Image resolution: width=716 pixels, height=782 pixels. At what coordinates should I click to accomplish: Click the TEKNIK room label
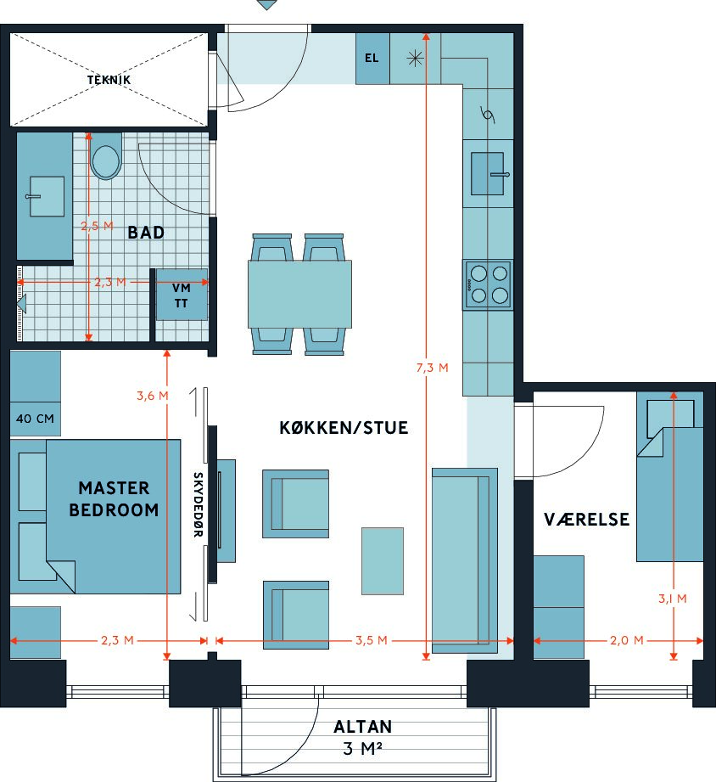(109, 80)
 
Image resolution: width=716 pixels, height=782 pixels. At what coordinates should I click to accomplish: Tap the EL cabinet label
(372, 58)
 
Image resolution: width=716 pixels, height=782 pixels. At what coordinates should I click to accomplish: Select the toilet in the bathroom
(106, 156)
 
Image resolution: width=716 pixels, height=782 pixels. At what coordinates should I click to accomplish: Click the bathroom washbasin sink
(47, 196)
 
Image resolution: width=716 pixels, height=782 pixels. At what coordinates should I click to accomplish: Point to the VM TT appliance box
(182, 295)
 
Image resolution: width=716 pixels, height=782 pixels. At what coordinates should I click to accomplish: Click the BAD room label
(146, 233)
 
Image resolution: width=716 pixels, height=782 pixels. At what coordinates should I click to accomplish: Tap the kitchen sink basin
(488, 173)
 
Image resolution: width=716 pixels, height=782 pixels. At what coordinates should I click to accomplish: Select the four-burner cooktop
(488, 284)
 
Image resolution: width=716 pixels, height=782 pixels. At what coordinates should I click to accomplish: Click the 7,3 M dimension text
(433, 368)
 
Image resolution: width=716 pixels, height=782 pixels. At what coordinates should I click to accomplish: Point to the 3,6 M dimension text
(153, 396)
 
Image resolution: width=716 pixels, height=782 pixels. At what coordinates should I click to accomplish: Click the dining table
(300, 295)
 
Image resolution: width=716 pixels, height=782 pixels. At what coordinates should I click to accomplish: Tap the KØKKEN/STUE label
(344, 428)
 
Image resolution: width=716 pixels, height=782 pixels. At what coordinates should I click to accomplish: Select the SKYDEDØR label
(198, 504)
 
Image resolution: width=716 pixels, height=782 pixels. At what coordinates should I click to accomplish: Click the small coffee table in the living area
(382, 561)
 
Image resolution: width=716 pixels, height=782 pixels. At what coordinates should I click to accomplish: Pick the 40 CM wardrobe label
(35, 419)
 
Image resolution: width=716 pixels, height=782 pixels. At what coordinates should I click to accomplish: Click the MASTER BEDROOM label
(114, 498)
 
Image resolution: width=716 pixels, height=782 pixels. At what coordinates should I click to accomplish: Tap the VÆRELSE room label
(586, 520)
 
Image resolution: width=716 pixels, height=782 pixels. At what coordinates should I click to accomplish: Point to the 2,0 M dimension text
(627, 640)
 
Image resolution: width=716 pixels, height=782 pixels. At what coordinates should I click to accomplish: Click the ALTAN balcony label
(363, 727)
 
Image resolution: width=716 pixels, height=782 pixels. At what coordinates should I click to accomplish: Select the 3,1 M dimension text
(673, 599)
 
